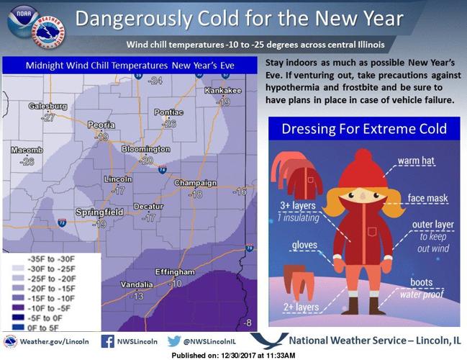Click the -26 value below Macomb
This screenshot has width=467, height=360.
tap(27, 161)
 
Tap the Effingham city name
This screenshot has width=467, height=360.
tap(175, 272)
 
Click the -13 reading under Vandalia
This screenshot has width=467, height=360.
tap(137, 296)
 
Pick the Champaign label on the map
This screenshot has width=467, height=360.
tap(195, 183)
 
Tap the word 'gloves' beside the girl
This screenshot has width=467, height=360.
tap(305, 246)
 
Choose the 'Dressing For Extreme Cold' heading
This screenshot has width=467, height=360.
tap(363, 130)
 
